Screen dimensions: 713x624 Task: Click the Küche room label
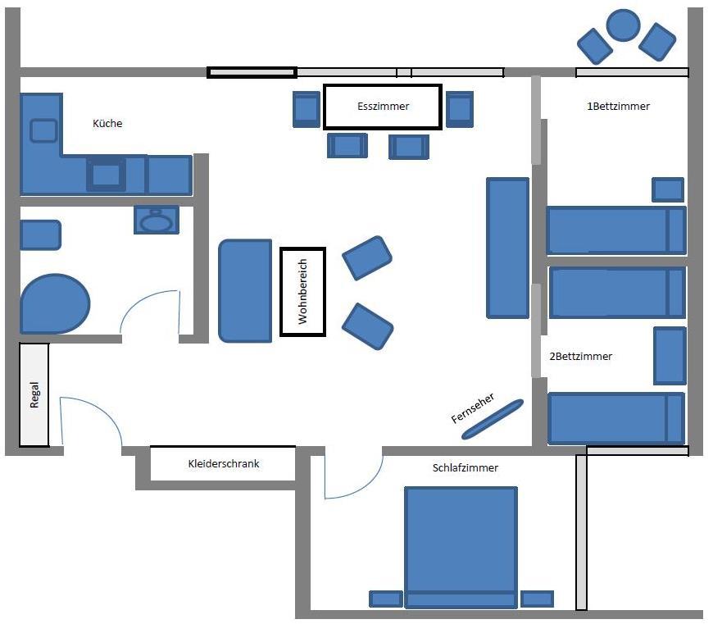click(107, 123)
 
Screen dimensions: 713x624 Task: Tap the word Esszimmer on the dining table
click(383, 107)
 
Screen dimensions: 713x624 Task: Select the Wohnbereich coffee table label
click(302, 292)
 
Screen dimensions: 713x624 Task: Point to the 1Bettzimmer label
click(618, 107)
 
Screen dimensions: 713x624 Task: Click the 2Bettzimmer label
click(580, 356)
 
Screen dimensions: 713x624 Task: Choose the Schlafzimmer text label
click(465, 467)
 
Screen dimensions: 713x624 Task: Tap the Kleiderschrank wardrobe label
click(223, 463)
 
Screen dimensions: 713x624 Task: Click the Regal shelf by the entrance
click(34, 394)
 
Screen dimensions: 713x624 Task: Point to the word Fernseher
click(472, 408)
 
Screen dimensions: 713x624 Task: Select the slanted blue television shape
click(493, 419)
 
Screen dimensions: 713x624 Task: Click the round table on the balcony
click(624, 25)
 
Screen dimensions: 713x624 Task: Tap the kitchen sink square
click(43, 130)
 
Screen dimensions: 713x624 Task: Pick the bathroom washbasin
click(157, 220)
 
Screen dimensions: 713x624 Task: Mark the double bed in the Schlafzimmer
click(461, 547)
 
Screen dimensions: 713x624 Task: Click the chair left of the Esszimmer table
click(307, 109)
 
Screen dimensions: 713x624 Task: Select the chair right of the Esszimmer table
click(460, 109)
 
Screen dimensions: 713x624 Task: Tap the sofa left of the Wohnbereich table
click(245, 291)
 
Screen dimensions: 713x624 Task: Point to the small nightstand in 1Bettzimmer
click(668, 189)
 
